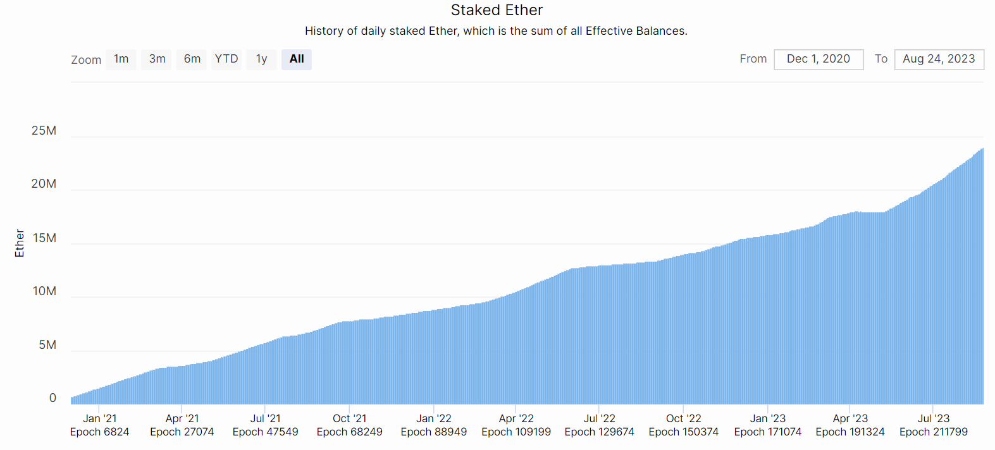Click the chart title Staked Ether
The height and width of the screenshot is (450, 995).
tap(497, 10)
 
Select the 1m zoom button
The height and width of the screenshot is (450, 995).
tap(121, 59)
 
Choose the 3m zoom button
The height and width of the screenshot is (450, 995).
tap(157, 59)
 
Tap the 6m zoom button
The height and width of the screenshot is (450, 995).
tap(192, 59)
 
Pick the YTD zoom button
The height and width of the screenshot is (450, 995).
tap(226, 59)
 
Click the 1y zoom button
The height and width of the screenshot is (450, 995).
tap(261, 59)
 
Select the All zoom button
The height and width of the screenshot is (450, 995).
tap(297, 59)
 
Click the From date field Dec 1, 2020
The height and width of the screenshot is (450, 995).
tap(819, 59)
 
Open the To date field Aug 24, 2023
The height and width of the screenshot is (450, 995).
tap(939, 59)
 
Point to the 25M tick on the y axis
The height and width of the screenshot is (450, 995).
tap(44, 131)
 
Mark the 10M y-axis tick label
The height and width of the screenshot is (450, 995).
tap(44, 291)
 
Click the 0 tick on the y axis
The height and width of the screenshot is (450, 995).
tap(53, 398)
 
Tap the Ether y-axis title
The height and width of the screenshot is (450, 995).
tap(20, 243)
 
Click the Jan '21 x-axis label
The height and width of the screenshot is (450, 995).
tap(100, 418)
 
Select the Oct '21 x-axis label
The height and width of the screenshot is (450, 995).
tap(350, 418)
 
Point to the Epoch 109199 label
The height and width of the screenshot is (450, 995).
tap(516, 432)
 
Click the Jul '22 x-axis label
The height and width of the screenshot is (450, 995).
tap(600, 418)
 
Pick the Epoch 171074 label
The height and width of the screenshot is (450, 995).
tap(768, 432)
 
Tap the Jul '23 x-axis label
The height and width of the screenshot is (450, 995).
tap(934, 418)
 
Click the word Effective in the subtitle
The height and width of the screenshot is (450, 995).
tap(609, 31)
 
